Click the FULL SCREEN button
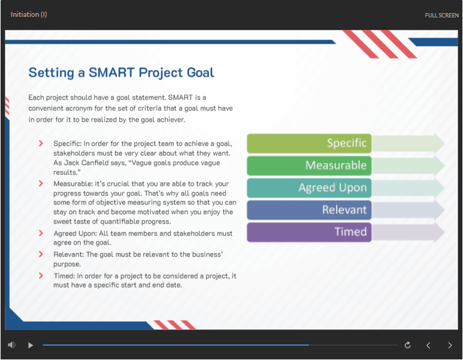[441, 16]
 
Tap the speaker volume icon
[11, 344]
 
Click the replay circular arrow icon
[407, 345]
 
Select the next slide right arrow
[450, 345]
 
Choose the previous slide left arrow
[428, 345]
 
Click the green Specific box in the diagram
[309, 143]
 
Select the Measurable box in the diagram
[309, 165]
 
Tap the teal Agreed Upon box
[309, 188]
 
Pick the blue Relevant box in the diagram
[309, 210]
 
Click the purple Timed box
[309, 232]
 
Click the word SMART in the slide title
[111, 72]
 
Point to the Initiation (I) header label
[29, 14]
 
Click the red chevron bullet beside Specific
[41, 143]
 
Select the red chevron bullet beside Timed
[41, 276]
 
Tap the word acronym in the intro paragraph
[78, 108]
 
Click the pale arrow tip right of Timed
[440, 232]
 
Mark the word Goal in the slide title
[201, 72]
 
